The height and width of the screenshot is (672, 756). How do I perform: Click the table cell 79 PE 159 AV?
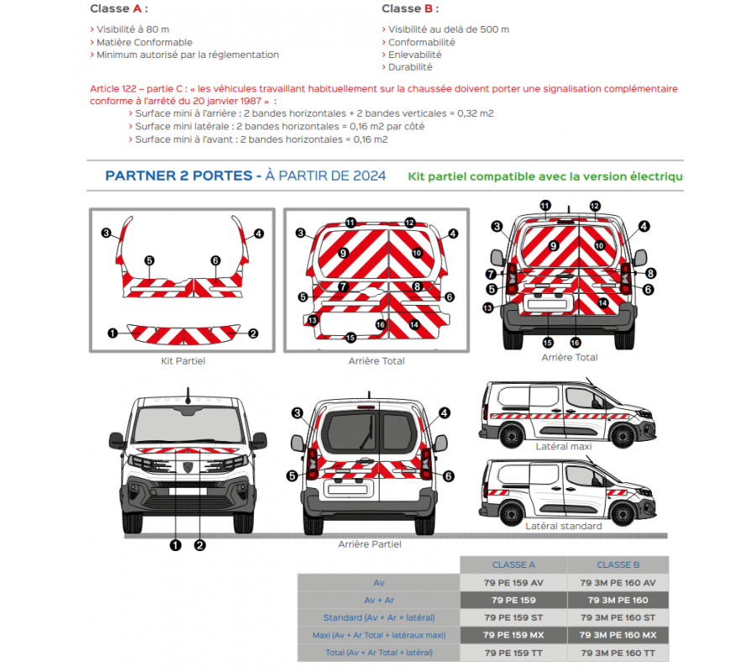pos(514,582)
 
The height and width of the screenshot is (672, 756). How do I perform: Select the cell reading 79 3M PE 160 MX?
pos(618,635)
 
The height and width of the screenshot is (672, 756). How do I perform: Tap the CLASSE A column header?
pos(514,564)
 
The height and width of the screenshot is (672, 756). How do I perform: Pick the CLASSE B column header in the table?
pos(618,564)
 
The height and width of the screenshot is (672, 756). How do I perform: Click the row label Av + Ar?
pos(379,600)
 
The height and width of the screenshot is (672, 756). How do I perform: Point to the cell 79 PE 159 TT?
pos(514,653)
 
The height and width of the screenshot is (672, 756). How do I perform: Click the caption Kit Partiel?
pos(183,361)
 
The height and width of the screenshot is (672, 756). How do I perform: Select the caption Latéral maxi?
pos(564,447)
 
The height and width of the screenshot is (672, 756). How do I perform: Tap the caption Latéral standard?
pos(564,526)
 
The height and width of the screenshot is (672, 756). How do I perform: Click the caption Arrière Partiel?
pos(370,544)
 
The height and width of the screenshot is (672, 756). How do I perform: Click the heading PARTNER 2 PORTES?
pos(178,176)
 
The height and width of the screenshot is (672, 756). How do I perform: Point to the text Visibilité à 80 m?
pos(137,29)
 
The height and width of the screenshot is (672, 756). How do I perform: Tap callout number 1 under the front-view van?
pos(176,545)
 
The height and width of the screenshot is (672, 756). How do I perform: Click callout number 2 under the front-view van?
pos(200,545)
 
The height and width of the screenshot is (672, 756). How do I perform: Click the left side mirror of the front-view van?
pos(118,439)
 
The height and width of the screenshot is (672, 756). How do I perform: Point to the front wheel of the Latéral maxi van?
pos(622,435)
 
